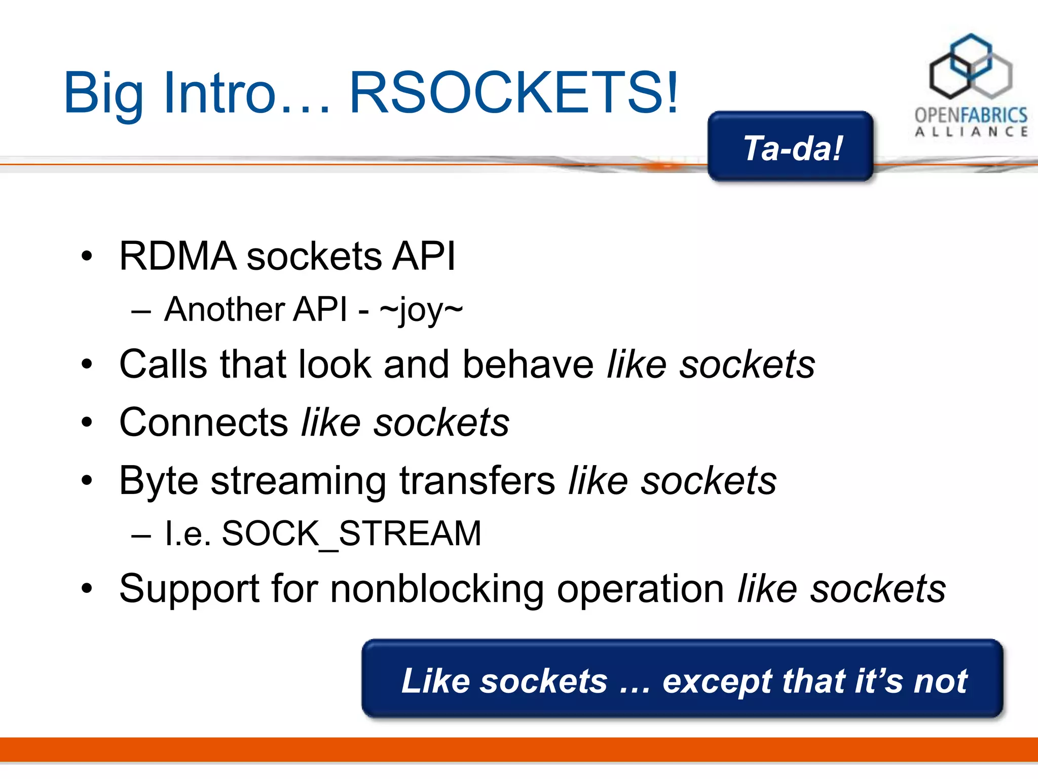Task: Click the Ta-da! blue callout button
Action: click(791, 148)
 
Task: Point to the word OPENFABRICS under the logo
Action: click(971, 116)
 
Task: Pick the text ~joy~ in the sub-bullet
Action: click(421, 310)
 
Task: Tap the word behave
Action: click(528, 364)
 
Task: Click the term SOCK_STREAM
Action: click(351, 534)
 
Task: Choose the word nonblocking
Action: click(437, 589)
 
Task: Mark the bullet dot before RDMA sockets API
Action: click(87, 256)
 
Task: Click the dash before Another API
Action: click(141, 310)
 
